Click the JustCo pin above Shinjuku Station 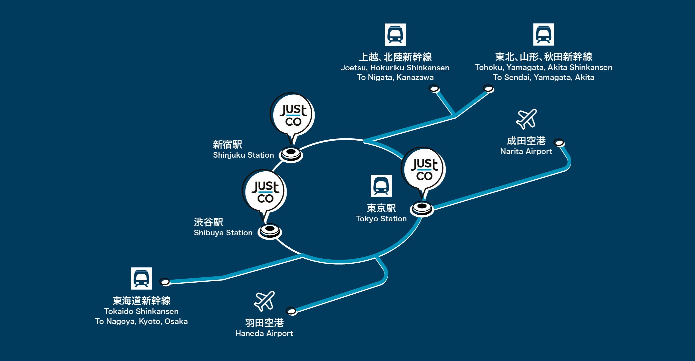292,115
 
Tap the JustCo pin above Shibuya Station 265,192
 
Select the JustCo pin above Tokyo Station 423,169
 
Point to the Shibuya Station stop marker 269,231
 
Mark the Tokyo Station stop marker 422,208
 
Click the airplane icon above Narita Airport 526,119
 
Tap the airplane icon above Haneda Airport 264,301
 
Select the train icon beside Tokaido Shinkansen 141,278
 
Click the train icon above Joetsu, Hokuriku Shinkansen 395,34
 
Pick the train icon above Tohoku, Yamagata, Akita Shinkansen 544,34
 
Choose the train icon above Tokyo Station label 381,186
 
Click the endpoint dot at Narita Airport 559,143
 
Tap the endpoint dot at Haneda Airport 291,311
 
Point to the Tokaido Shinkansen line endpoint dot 165,282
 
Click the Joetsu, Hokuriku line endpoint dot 434,89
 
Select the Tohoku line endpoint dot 488,89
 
